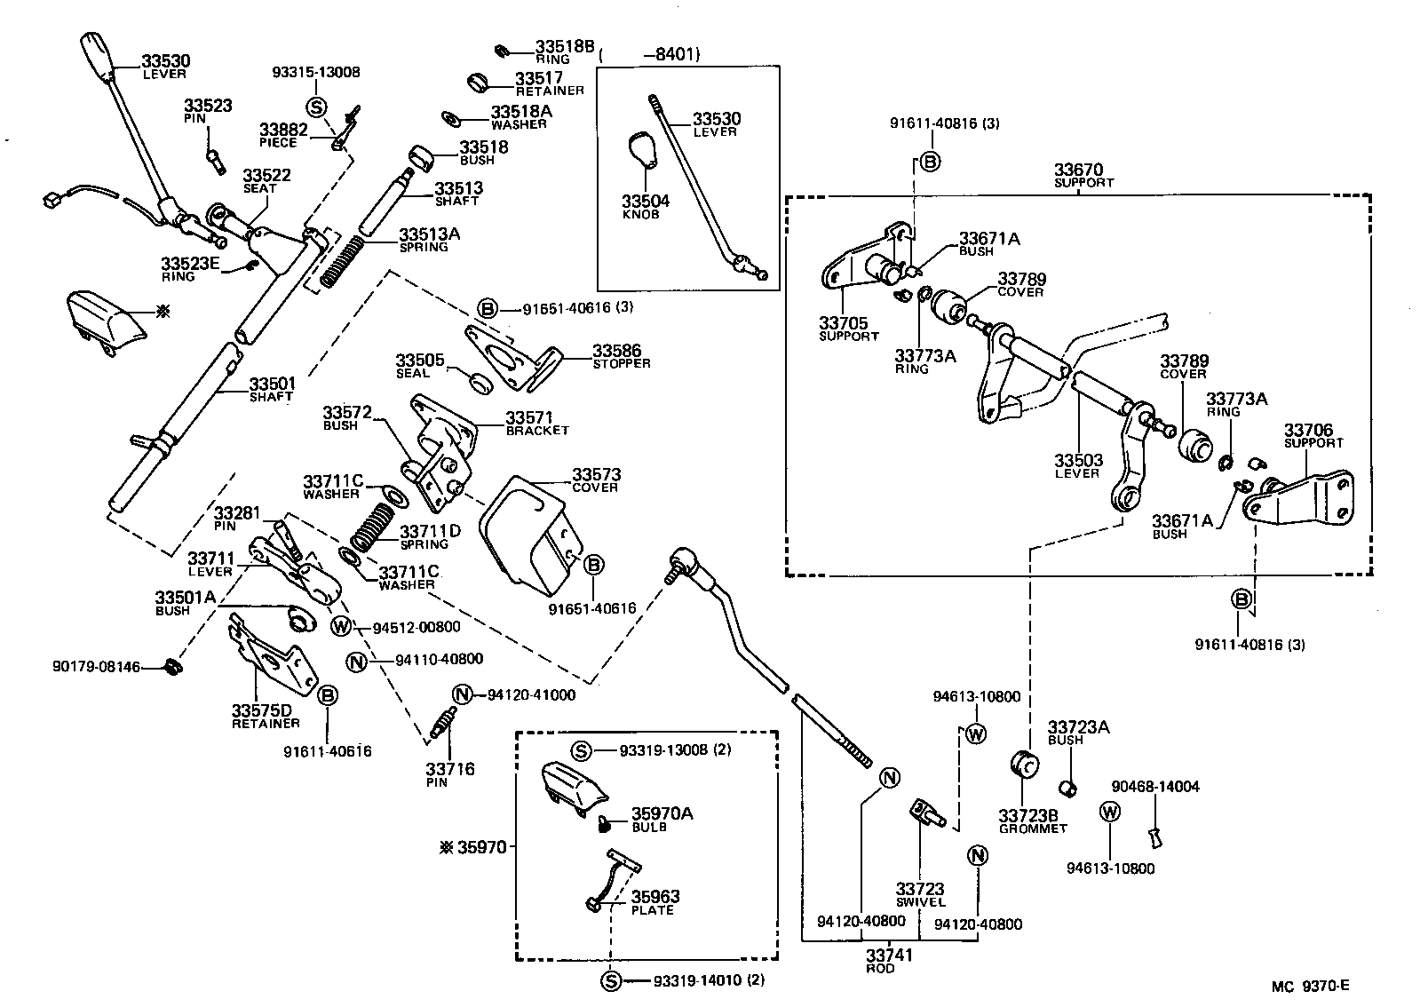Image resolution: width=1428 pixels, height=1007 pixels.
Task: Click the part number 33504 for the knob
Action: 645,202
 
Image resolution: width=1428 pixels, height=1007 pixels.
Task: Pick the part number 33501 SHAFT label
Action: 270,389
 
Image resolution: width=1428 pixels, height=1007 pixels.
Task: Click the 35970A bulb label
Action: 662,818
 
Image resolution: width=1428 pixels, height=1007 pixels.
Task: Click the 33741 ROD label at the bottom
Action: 889,961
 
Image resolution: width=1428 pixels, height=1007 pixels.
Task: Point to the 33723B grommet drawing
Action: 1025,764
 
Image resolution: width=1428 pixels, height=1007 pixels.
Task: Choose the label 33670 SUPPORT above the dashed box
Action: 1083,174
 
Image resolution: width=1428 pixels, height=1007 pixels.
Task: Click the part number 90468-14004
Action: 1155,787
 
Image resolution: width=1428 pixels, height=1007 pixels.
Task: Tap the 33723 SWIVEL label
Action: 920,894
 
